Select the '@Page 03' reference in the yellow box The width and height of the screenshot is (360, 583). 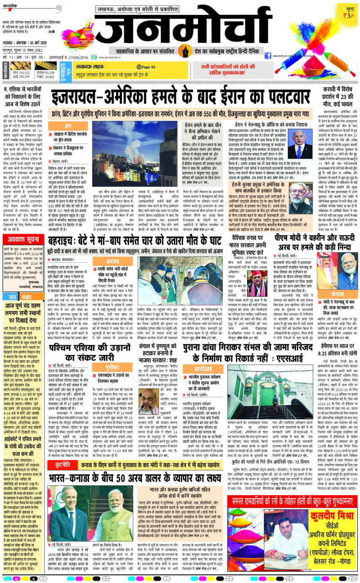[x=144, y=66]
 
